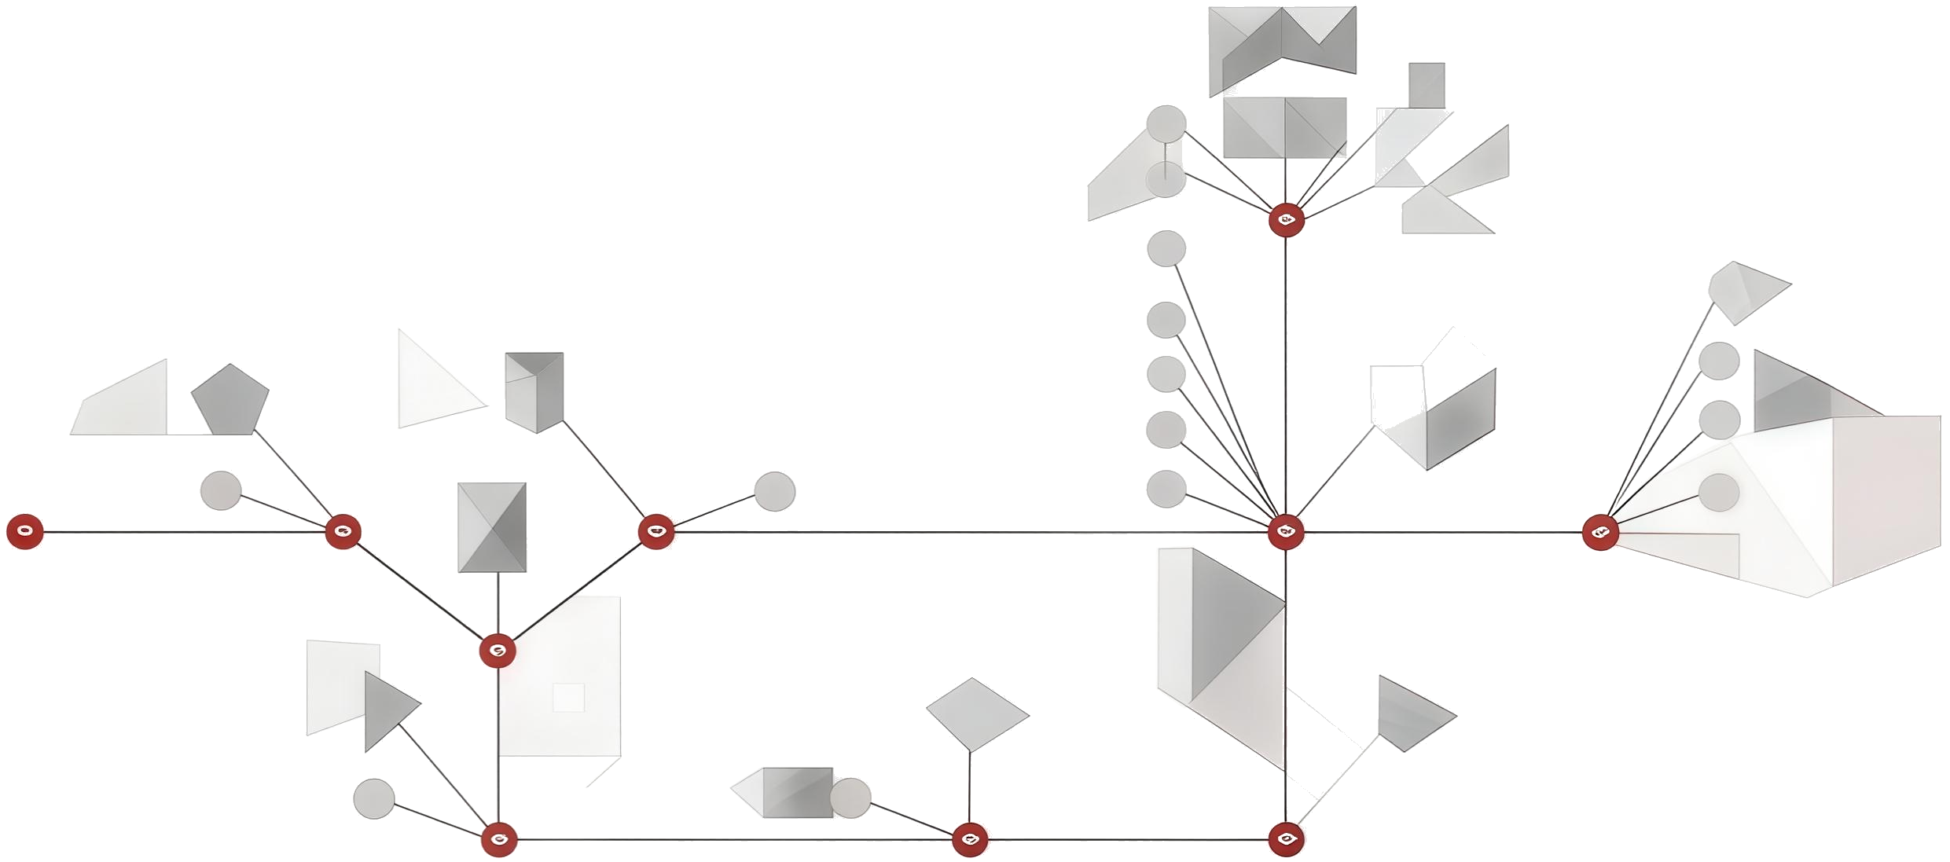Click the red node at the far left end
coord(24,531)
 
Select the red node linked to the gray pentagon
coord(343,532)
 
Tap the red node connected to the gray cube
coord(656,532)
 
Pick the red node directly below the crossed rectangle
coord(498,650)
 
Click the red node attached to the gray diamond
coord(970,839)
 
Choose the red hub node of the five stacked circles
coord(1286,532)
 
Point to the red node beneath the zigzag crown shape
coord(1286,220)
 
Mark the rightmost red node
coord(1599,533)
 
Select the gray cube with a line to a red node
coord(534,391)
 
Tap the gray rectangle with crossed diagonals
coord(492,527)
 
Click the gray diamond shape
coord(976,713)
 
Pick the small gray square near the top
coord(1427,85)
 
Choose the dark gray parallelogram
coord(1460,409)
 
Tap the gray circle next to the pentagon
coord(221,490)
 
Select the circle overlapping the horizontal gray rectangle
coord(850,797)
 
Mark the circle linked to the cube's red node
coord(774,491)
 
